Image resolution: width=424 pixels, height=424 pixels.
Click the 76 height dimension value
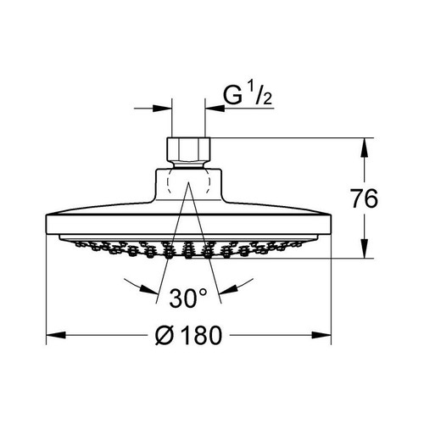click(364, 198)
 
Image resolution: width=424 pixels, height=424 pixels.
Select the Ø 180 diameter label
click(188, 335)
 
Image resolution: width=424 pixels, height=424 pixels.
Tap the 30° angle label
click(188, 298)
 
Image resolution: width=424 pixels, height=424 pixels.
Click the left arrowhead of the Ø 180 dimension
click(56, 335)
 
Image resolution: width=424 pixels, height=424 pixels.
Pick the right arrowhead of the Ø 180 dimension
click(321, 335)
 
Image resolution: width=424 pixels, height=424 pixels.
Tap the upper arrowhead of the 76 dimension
click(365, 148)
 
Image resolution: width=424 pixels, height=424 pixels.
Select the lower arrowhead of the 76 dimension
click(365, 248)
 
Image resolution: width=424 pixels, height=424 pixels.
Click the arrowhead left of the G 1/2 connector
click(162, 108)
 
